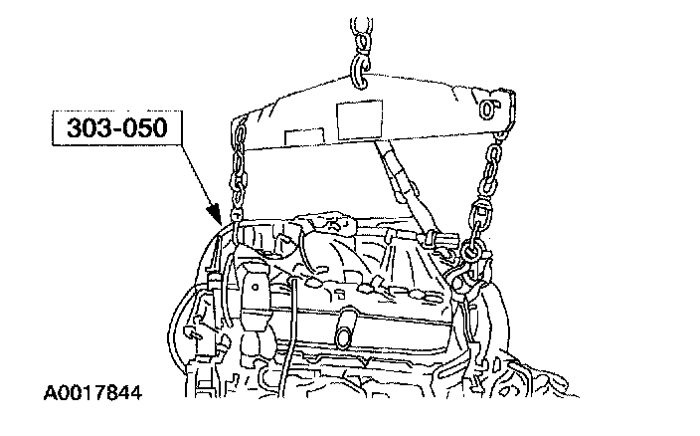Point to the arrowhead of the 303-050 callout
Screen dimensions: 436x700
(x=213, y=214)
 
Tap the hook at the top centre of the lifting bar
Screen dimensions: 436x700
(x=360, y=68)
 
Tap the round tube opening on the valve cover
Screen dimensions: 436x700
(x=347, y=327)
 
